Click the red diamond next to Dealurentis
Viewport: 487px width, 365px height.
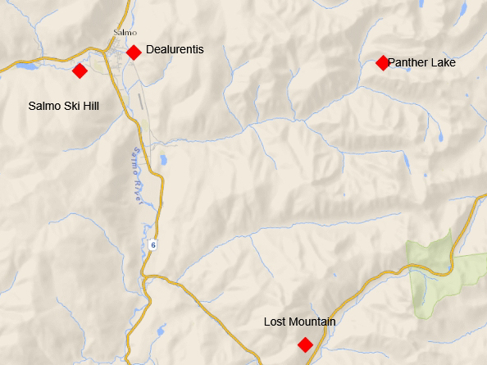coord(134,52)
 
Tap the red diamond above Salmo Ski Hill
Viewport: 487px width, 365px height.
coord(80,71)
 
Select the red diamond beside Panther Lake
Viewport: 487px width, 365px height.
coord(382,63)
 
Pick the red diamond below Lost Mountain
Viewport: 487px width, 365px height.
coord(305,344)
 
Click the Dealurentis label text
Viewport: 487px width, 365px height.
coord(175,50)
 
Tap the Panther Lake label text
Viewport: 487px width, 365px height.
coord(421,62)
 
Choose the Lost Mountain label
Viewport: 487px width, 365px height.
coord(299,322)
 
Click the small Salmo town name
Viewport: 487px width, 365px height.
coord(124,33)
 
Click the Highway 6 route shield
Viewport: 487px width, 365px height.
coord(153,245)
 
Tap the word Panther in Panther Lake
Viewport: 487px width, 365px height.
coord(407,62)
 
